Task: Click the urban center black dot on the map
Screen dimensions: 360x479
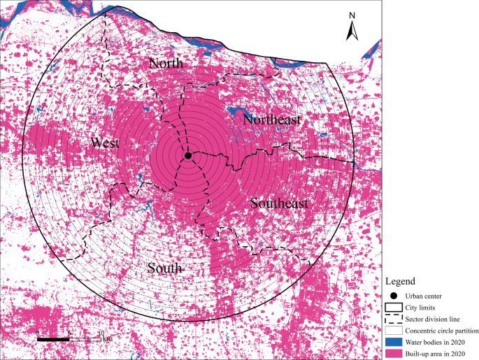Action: pos(188,155)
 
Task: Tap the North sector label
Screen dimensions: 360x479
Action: pos(166,64)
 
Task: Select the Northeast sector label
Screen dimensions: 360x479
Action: pos(272,120)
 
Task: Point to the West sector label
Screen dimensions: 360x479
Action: pos(105,143)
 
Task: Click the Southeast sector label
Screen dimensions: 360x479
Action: pos(279,203)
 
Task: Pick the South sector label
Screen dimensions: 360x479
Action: pos(165,268)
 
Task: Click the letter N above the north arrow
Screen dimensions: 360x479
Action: pos(353,15)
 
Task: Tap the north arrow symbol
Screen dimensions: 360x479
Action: pos(353,31)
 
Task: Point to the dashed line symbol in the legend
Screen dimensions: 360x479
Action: pos(394,319)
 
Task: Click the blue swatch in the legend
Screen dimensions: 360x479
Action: pos(394,342)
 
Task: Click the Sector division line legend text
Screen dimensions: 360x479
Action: pos(432,319)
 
